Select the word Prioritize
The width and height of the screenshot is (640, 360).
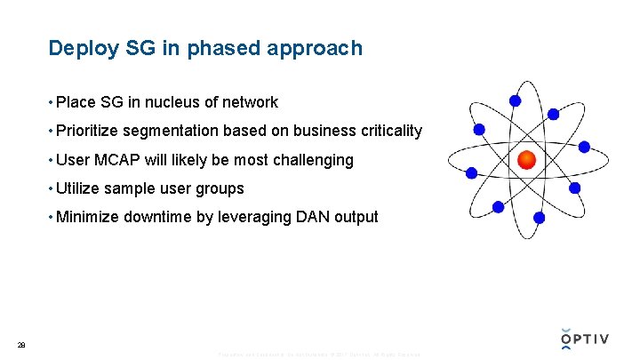point(87,132)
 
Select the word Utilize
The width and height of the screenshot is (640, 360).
point(77,188)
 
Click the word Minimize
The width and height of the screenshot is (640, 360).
point(87,217)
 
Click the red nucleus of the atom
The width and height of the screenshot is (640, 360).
point(527,160)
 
